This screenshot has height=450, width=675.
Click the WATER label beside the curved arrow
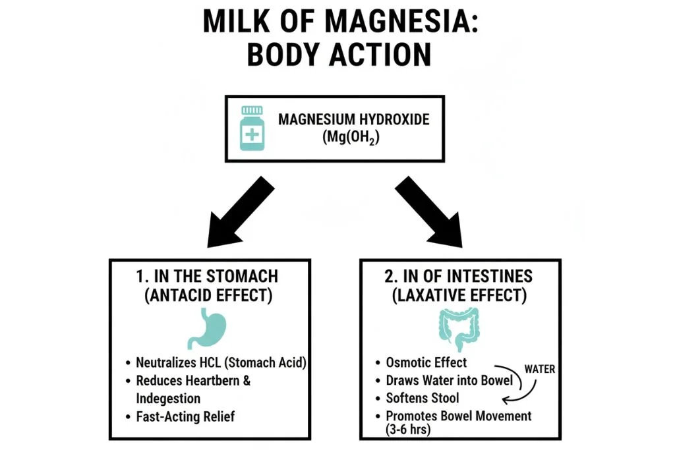tap(540, 369)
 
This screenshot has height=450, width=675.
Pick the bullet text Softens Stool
tap(423, 398)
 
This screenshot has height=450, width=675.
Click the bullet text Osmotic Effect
tap(426, 362)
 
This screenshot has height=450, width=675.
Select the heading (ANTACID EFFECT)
tap(208, 295)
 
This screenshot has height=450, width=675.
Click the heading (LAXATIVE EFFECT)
tap(459, 295)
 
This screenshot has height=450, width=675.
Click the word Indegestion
tap(168, 398)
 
